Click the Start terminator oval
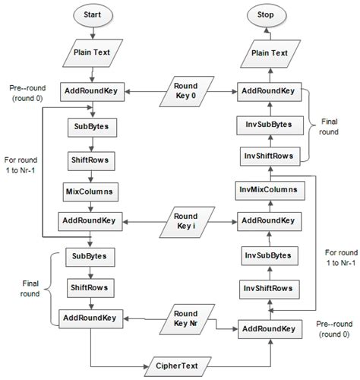click(x=91, y=16)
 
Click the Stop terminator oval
click(x=267, y=16)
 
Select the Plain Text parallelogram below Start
click(x=91, y=55)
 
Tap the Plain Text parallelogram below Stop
click(x=267, y=55)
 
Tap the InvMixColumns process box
click(x=267, y=188)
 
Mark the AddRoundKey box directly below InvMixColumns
click(x=267, y=221)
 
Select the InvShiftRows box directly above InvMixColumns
click(x=267, y=156)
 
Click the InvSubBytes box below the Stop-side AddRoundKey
click(x=267, y=123)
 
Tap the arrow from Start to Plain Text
click(x=91, y=35)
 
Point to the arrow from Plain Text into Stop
click(x=267, y=35)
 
